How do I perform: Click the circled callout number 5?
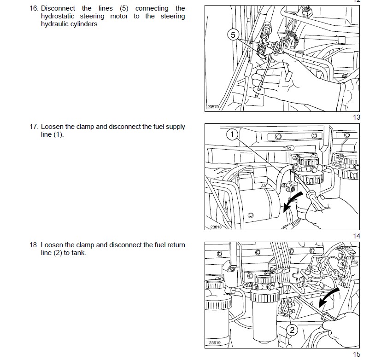[233, 35]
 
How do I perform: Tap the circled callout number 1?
[232, 134]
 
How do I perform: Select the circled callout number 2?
[292, 330]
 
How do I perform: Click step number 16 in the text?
[34, 8]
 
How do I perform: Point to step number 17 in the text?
[34, 127]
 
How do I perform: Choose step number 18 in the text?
[34, 245]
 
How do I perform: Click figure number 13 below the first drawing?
[357, 117]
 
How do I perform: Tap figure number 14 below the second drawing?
[357, 236]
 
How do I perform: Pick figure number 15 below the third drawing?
[357, 354]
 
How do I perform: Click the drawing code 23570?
[213, 107]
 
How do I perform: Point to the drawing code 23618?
[216, 227]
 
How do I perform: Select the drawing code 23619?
[215, 343]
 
